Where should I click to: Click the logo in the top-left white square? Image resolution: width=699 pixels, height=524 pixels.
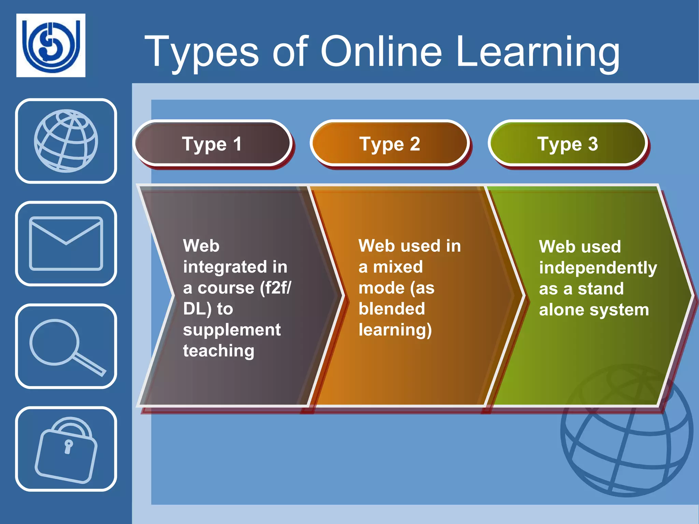[51, 45]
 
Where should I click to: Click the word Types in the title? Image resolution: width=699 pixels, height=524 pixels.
[202, 52]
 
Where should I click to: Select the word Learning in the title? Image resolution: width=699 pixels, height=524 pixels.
[538, 52]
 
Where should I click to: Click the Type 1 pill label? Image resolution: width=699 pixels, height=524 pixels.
[212, 144]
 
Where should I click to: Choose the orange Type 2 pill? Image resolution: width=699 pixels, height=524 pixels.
[389, 144]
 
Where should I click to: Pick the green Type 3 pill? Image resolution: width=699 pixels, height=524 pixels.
[568, 144]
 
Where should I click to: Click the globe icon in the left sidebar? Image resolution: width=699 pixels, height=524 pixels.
[66, 141]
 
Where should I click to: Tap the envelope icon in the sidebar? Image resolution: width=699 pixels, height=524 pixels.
[66, 244]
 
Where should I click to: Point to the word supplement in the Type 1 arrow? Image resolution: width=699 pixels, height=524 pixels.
[232, 330]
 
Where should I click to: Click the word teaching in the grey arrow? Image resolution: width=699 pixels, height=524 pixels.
[219, 351]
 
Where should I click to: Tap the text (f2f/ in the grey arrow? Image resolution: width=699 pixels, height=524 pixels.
[275, 288]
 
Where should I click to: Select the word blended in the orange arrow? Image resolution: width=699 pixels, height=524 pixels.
[392, 309]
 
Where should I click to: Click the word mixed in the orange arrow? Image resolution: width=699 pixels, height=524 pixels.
[398, 267]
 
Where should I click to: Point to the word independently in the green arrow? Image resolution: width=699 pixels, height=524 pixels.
[598, 268]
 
